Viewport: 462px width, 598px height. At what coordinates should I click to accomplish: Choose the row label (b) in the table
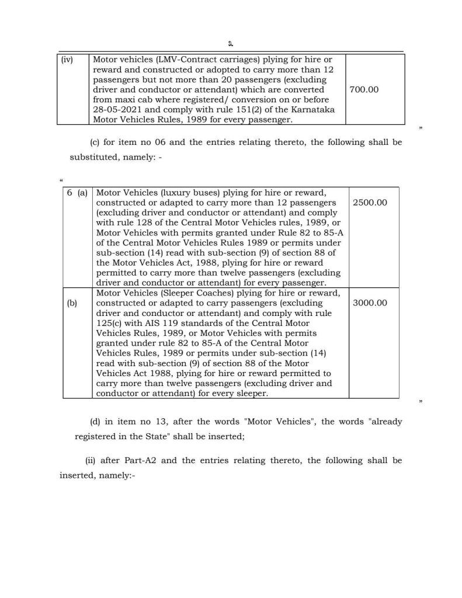pos(72,303)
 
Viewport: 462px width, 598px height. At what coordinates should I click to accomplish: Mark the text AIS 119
pos(159,323)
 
